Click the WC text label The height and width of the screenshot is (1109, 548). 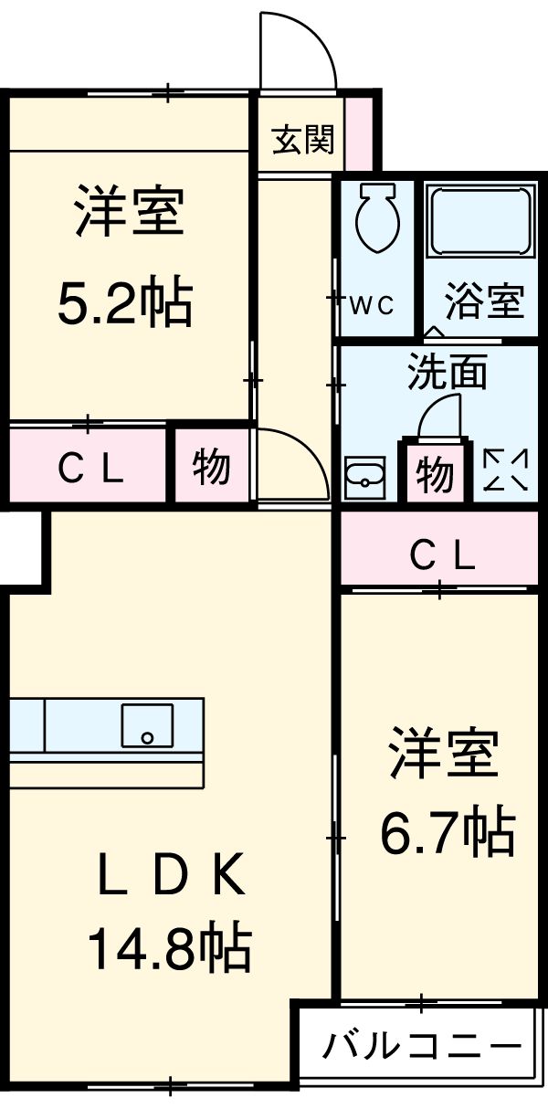click(371, 305)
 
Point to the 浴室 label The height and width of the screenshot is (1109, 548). click(484, 301)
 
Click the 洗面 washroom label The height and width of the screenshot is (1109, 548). click(447, 373)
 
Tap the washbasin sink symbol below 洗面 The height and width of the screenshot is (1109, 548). click(364, 475)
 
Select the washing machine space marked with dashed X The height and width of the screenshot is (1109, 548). click(504, 470)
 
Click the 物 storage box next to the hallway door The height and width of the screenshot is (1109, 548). click(211, 468)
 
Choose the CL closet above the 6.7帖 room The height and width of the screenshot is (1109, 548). click(442, 554)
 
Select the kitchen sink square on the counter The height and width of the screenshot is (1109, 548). click(147, 725)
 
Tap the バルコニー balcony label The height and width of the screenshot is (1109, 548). click(423, 1044)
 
